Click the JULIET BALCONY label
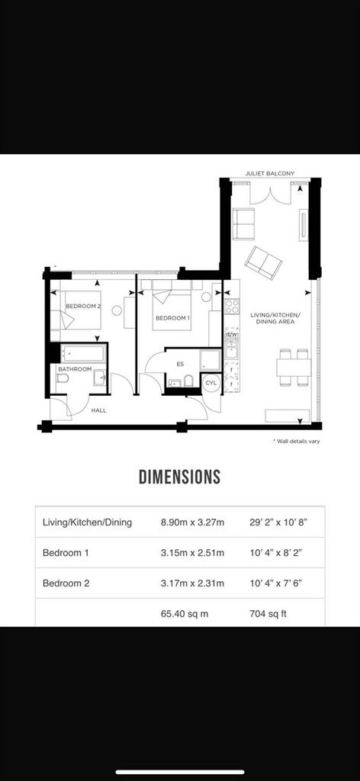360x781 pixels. pyautogui.click(x=270, y=173)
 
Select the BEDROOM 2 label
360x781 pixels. pyautogui.click(x=83, y=307)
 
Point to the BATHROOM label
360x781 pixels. pyautogui.click(x=76, y=369)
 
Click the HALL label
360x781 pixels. pyautogui.click(x=98, y=411)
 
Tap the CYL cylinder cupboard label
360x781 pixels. pyautogui.click(x=211, y=383)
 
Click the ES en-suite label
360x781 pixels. pyautogui.click(x=180, y=364)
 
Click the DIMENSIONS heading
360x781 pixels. pyautogui.click(x=180, y=477)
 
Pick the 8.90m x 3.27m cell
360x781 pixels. pyautogui.click(x=193, y=522)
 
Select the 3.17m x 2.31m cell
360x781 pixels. pyautogui.click(x=193, y=583)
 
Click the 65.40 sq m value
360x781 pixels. pyautogui.click(x=185, y=614)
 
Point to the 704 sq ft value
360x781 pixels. pyautogui.click(x=268, y=614)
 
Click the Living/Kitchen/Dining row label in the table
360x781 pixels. pyautogui.click(x=87, y=522)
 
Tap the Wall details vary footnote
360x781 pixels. pyautogui.click(x=296, y=442)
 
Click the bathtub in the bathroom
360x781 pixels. pyautogui.click(x=83, y=353)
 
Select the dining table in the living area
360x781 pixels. pyautogui.click(x=294, y=368)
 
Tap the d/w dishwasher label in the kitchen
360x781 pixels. pyautogui.click(x=232, y=335)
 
